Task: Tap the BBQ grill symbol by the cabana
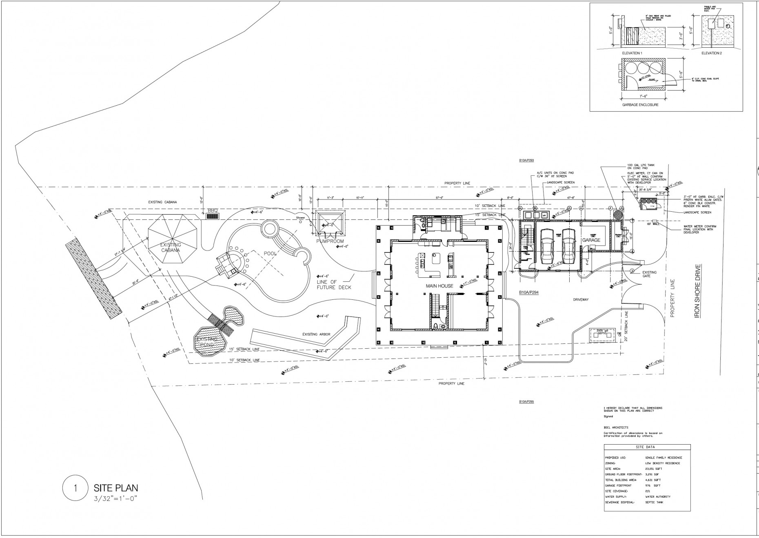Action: [213, 217]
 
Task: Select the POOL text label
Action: [270, 253]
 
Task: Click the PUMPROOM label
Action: [330, 241]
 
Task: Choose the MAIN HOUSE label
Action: [439, 286]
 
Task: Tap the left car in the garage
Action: [547, 246]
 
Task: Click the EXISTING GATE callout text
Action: [649, 274]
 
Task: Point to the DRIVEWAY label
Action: [580, 299]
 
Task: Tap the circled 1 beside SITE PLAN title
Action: [75, 488]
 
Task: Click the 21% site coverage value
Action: [648, 491]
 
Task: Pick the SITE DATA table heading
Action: [647, 447]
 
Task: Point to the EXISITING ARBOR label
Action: [316, 334]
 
